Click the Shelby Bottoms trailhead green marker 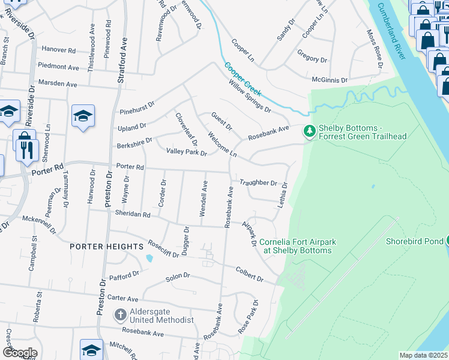tap(310, 130)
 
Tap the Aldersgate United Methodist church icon tap(120, 314)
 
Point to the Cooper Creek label tap(243, 79)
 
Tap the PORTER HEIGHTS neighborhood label tap(106, 247)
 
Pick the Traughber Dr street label tap(258, 183)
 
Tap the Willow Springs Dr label tap(250, 97)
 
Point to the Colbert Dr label tap(249, 274)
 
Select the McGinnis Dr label tap(330, 79)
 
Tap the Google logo tap(20, 353)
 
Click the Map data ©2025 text tap(423, 355)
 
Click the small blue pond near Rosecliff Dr tap(148, 259)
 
